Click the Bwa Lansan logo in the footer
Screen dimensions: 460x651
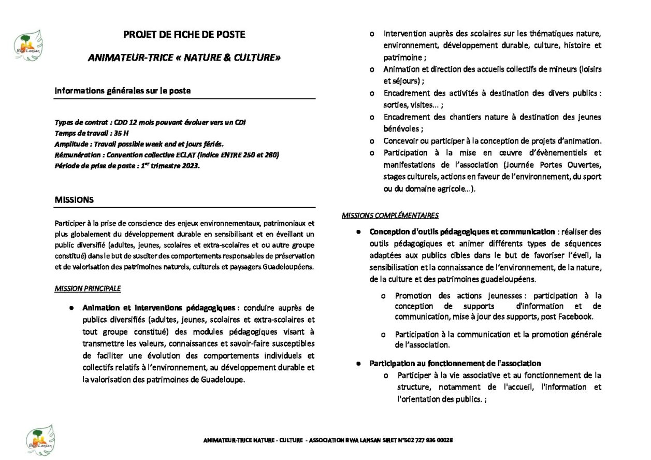click(40, 439)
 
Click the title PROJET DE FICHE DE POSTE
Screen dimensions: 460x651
click(184, 35)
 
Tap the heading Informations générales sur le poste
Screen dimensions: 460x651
click(123, 91)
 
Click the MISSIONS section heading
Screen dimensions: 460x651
click(74, 199)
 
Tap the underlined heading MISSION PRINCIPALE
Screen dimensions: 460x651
click(88, 289)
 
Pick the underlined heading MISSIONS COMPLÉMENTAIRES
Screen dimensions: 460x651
click(390, 215)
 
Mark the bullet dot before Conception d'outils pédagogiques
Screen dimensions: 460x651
click(357, 232)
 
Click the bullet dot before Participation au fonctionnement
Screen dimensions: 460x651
click(357, 364)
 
